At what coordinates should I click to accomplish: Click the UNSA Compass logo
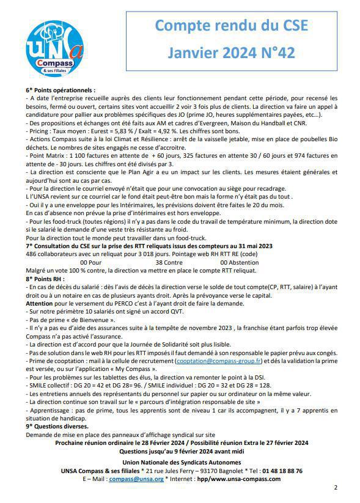point(54,49)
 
